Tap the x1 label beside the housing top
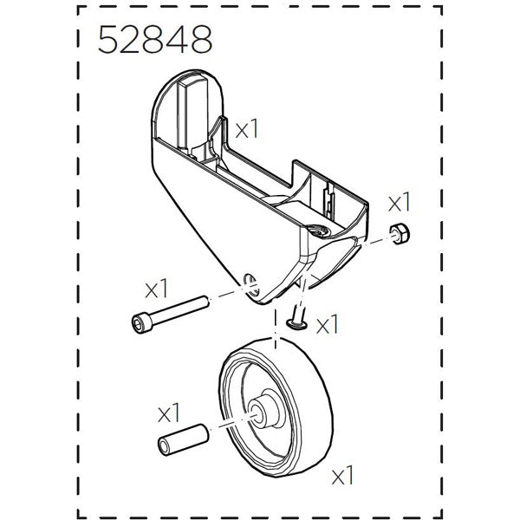tap(248, 129)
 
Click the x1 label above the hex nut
tap(398, 203)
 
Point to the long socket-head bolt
tap(168, 313)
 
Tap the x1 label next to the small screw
tap(328, 326)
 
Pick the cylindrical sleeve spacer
tap(181, 439)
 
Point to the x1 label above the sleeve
tap(169, 409)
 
